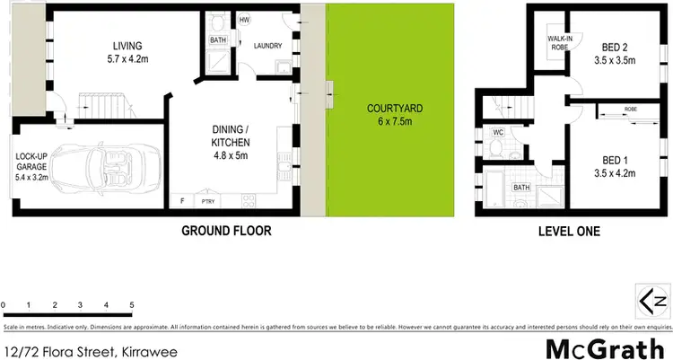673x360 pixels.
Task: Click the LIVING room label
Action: click(x=128, y=46)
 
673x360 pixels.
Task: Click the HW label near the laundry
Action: click(x=245, y=19)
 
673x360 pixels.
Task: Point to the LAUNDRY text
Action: click(x=268, y=46)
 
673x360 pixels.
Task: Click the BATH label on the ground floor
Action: click(x=218, y=40)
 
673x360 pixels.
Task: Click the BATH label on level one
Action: click(x=520, y=188)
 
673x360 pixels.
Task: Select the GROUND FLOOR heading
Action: click(x=226, y=231)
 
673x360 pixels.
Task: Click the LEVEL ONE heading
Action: click(x=568, y=231)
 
